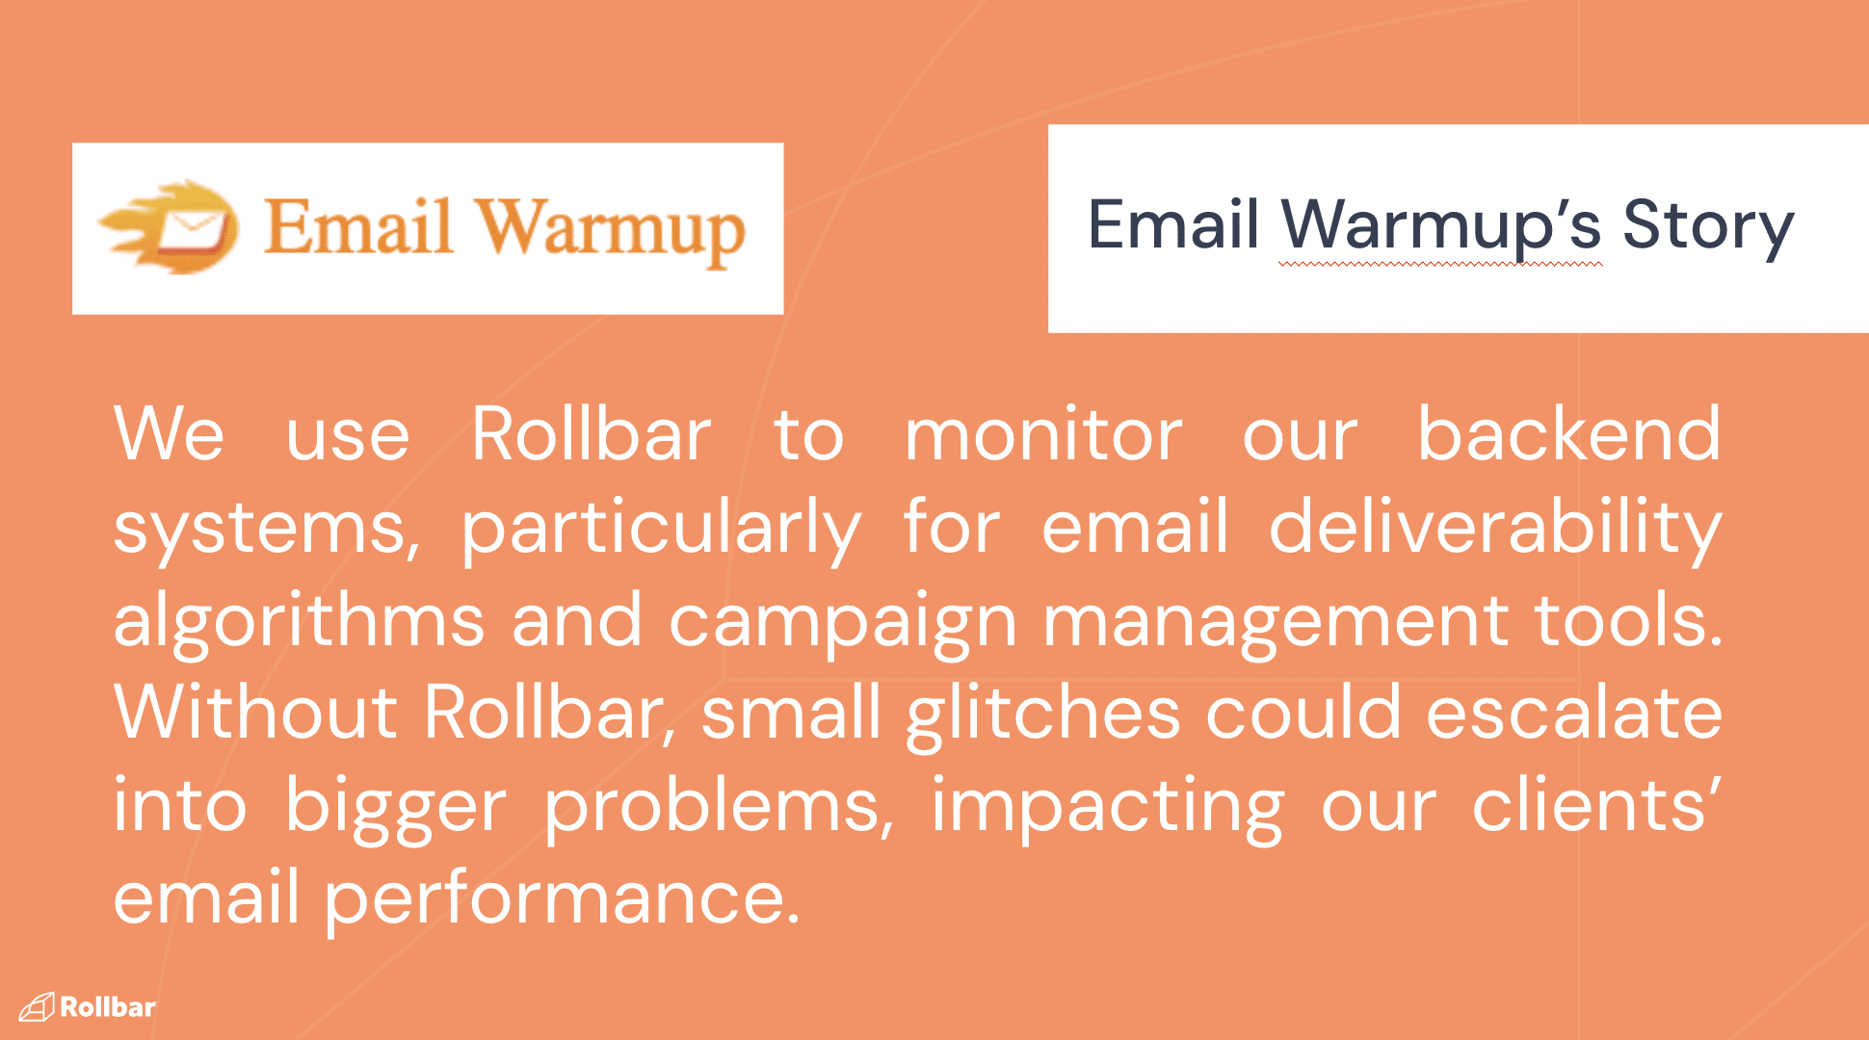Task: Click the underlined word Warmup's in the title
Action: [x=1441, y=228]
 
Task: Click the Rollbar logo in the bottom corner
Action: [x=87, y=1007]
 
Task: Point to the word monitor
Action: [x=1043, y=435]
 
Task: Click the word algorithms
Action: [x=299, y=622]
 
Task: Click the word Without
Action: [x=255, y=713]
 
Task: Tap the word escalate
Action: [x=1574, y=713]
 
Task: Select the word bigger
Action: [x=395, y=807]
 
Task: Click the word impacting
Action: [x=1108, y=807]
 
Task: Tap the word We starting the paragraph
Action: [x=170, y=434]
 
